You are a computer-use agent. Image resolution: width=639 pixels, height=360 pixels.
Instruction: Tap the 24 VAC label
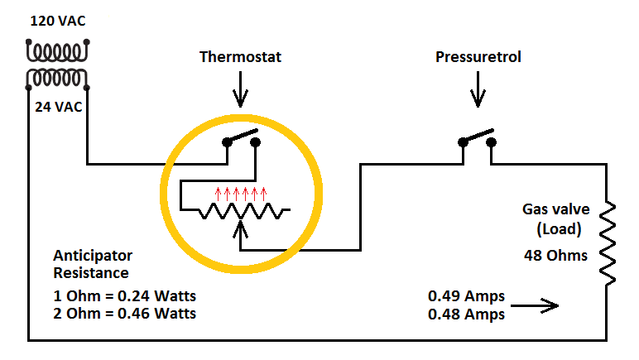pos(58,106)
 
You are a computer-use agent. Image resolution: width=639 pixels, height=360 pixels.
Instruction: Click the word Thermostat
pos(240,58)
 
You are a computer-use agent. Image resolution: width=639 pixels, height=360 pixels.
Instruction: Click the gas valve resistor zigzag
pos(608,239)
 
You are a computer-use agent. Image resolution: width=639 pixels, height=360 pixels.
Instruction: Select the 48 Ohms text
pos(555,255)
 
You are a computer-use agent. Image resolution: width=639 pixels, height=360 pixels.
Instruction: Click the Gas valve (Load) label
pos(555,218)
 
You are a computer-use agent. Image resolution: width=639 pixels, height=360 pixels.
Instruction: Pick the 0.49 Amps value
pos(466,295)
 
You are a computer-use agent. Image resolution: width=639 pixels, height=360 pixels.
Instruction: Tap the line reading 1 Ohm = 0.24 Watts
pos(124,296)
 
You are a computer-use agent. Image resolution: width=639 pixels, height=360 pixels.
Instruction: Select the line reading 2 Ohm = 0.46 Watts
pos(124,314)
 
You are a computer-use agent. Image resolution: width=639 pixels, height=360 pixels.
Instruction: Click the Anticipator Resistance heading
pos(93,264)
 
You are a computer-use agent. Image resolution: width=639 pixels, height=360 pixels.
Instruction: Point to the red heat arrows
pos(241,194)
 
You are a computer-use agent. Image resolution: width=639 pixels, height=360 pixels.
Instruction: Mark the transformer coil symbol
pos(56,65)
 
